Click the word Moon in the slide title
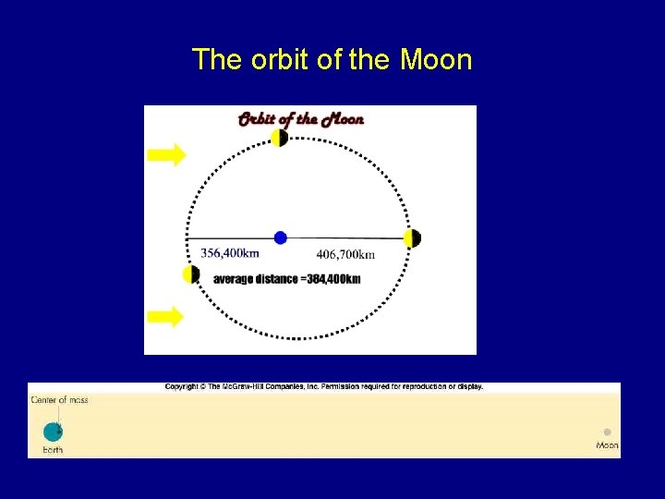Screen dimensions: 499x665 point(436,60)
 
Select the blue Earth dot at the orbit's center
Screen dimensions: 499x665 point(281,237)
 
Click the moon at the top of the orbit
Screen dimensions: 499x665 point(279,138)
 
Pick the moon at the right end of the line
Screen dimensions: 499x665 point(412,238)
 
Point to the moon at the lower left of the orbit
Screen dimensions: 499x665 point(191,274)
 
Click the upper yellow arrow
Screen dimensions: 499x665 point(167,155)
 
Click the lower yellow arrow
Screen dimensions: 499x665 point(166,317)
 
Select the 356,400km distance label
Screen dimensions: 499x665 point(230,253)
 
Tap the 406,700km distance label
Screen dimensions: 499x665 point(345,255)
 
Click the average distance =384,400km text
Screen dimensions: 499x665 point(286,279)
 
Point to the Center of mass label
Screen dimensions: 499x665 point(60,400)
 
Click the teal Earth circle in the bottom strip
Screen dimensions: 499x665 point(53,432)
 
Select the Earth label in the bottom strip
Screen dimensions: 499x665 point(53,450)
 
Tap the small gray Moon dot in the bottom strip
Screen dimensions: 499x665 point(607,432)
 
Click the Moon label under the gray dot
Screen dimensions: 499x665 point(607,445)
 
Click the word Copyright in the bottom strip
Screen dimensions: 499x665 point(183,386)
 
